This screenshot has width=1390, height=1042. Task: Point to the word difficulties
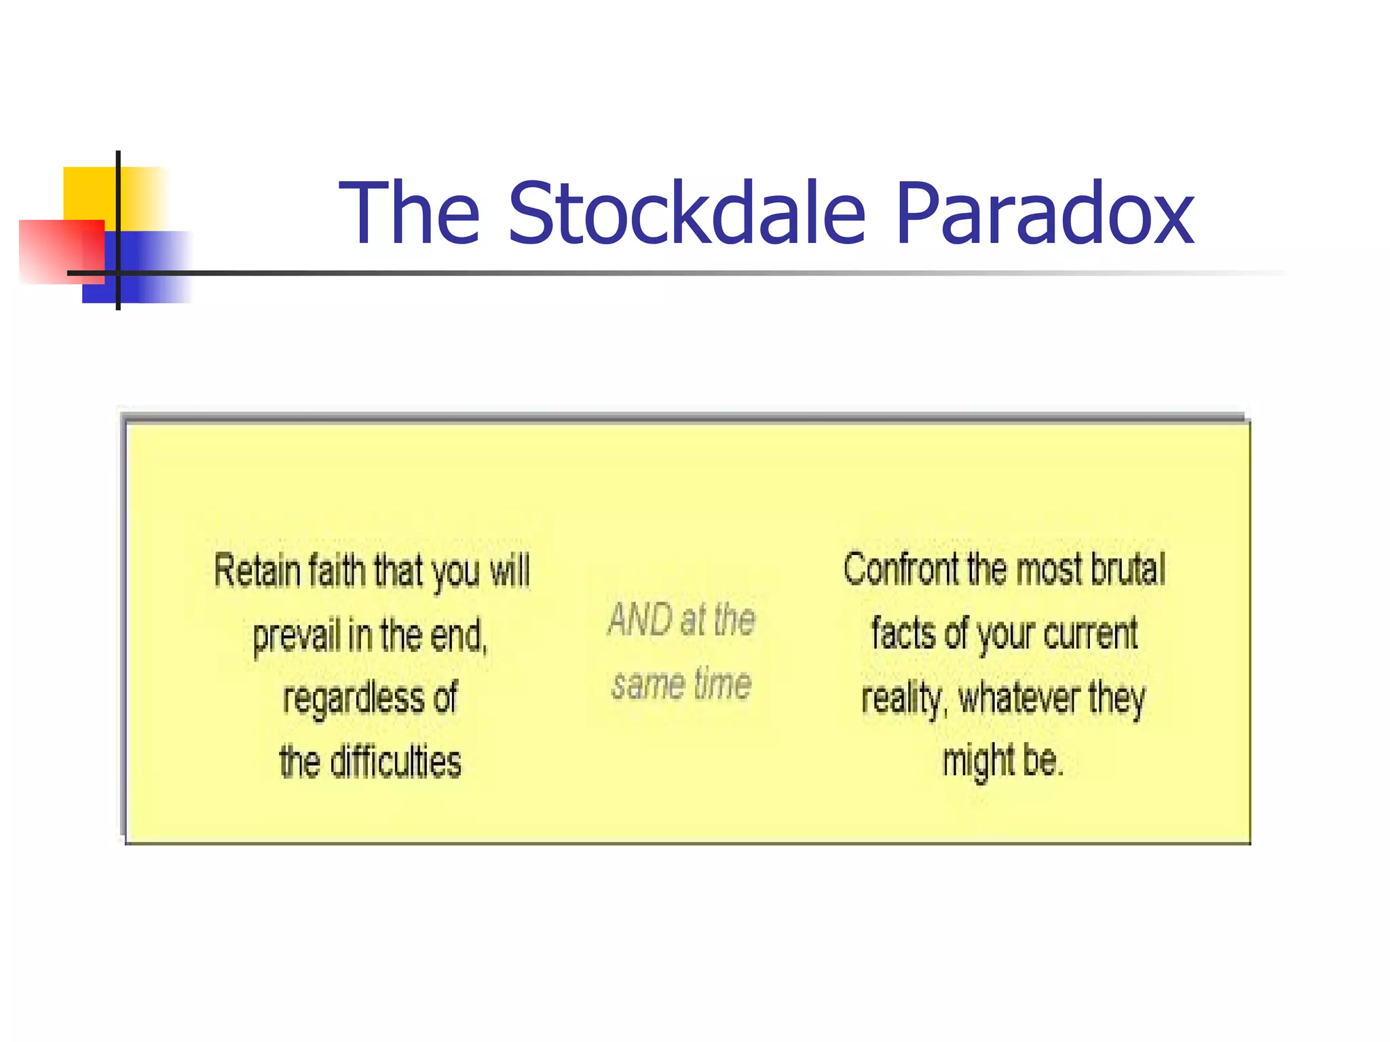coord(396,762)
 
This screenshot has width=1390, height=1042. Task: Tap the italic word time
coord(722,684)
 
